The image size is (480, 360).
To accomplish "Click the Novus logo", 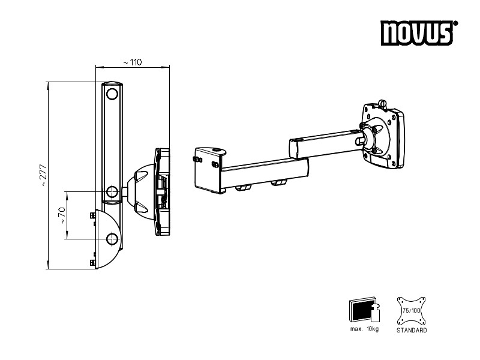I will click(418, 34).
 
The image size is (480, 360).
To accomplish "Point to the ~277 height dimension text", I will click(44, 175).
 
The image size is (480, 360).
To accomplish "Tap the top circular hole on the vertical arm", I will click(112, 94).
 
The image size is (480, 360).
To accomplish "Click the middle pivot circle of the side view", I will click(112, 192).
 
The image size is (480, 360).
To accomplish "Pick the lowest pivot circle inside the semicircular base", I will click(112, 239).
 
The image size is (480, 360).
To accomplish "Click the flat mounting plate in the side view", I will click(163, 193).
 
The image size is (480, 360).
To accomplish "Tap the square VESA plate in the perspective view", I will click(382, 136).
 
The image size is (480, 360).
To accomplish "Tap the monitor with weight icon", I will click(362, 311).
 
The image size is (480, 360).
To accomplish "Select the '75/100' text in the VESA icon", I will click(411, 311).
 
